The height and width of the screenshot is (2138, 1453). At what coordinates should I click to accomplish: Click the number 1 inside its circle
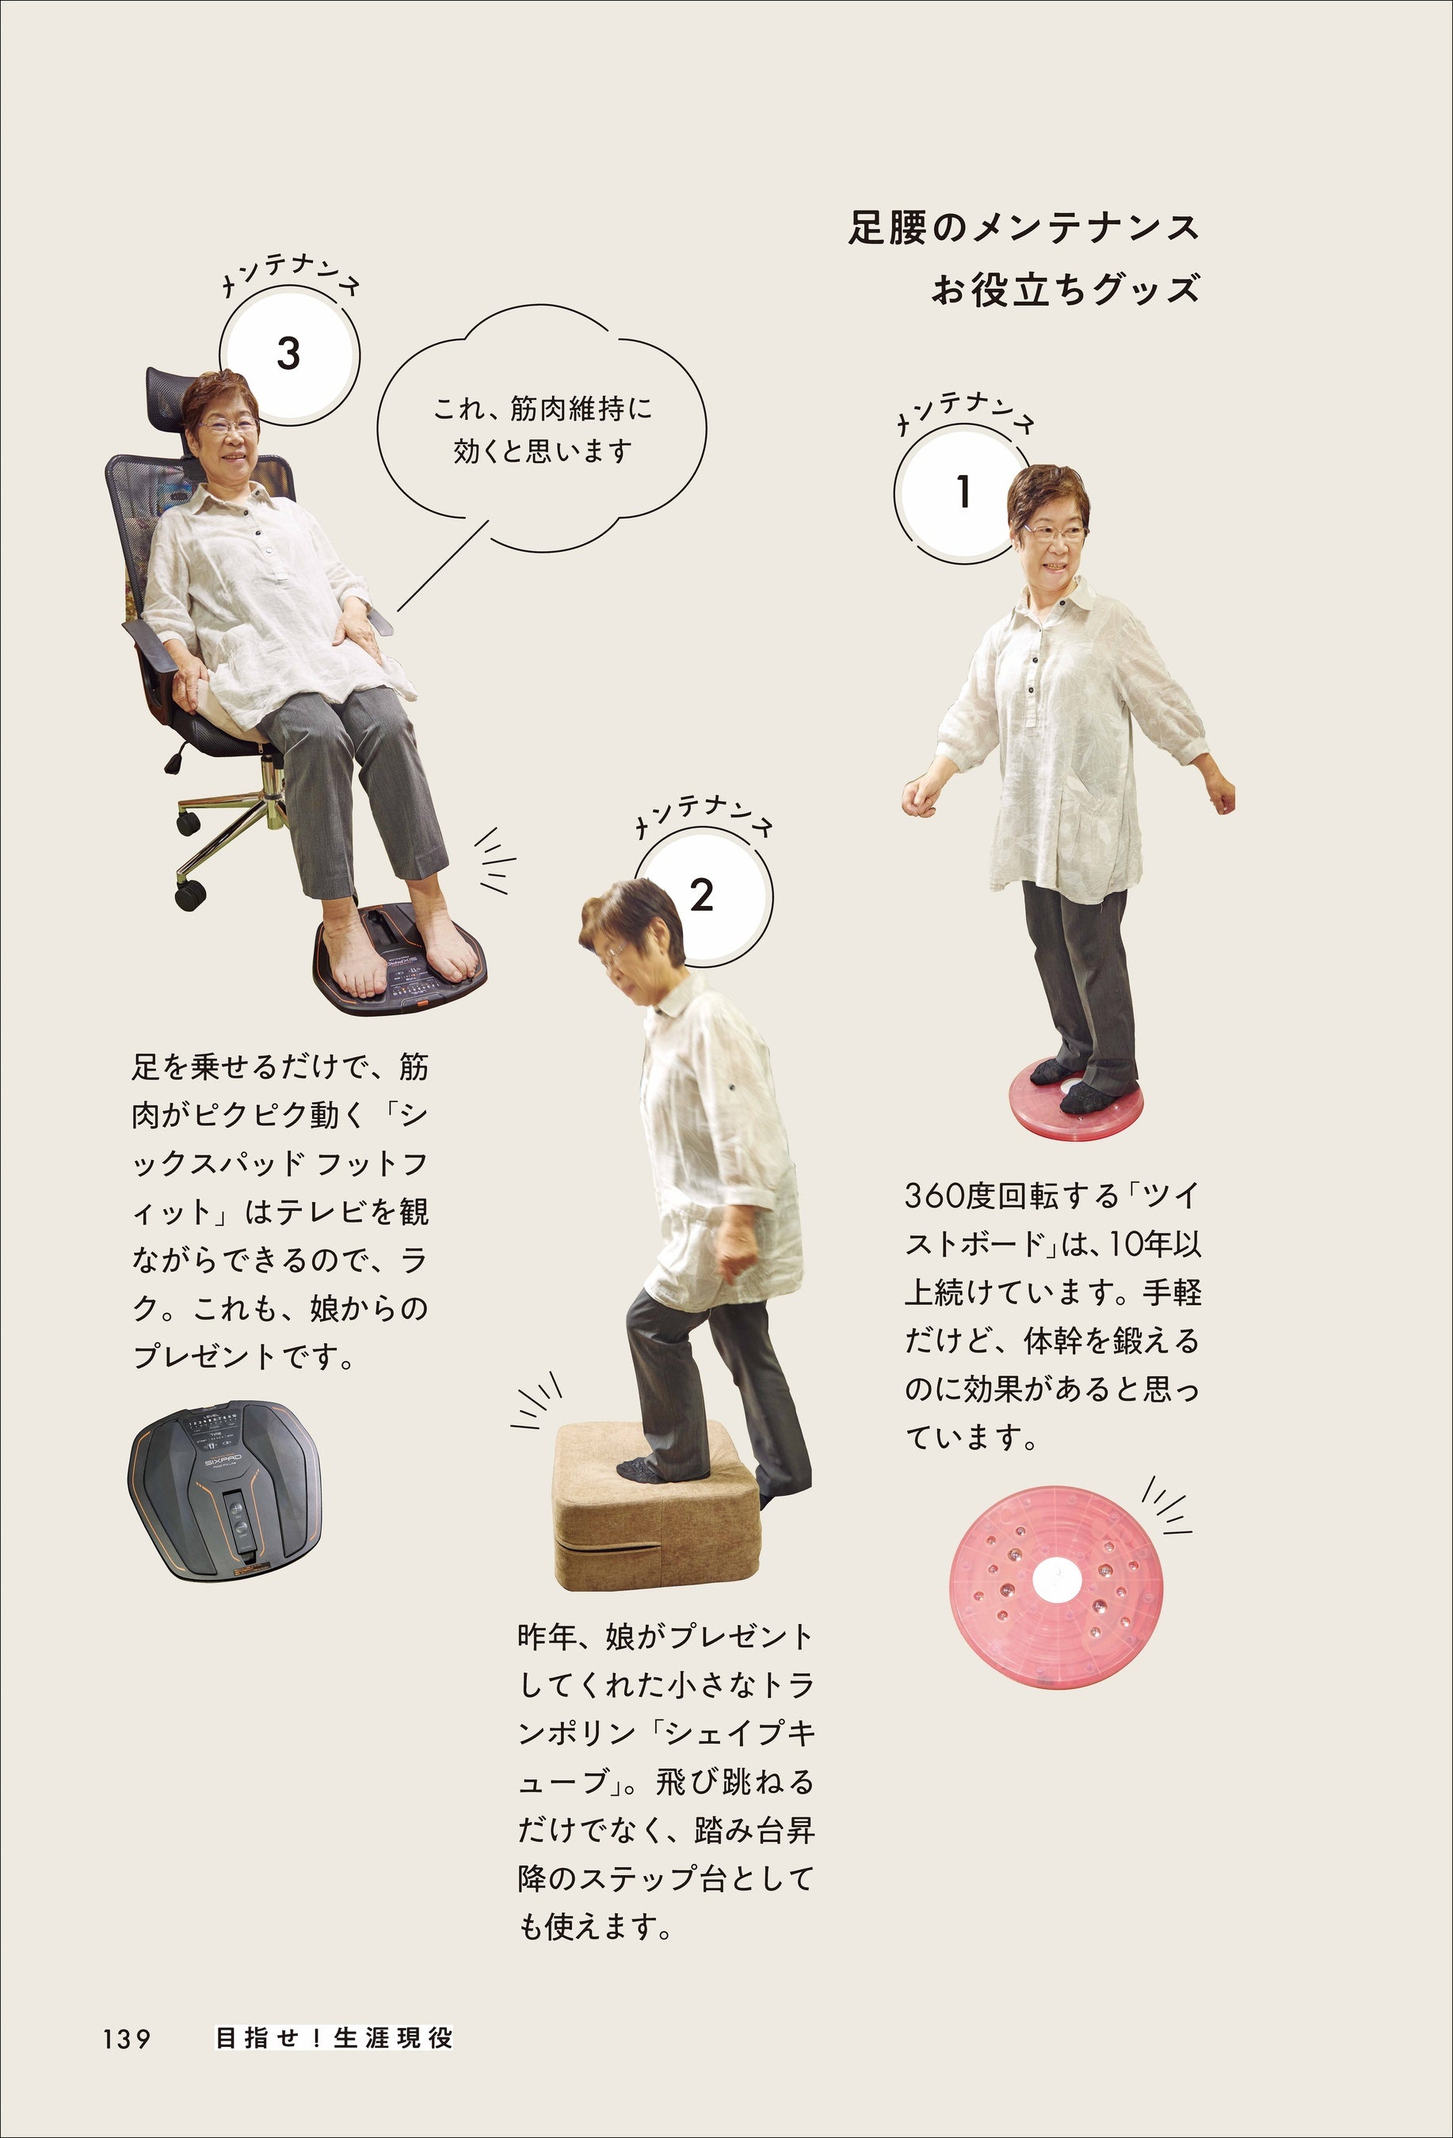[963, 493]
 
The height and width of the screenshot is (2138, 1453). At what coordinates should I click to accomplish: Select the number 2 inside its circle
[701, 895]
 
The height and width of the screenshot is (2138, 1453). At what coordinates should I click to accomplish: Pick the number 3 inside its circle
[288, 353]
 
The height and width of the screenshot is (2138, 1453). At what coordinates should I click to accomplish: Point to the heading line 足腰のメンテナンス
[1024, 228]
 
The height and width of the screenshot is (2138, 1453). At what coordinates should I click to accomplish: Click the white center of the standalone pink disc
[1058, 1581]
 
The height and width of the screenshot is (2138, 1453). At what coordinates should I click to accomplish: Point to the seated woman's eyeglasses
[228, 425]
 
